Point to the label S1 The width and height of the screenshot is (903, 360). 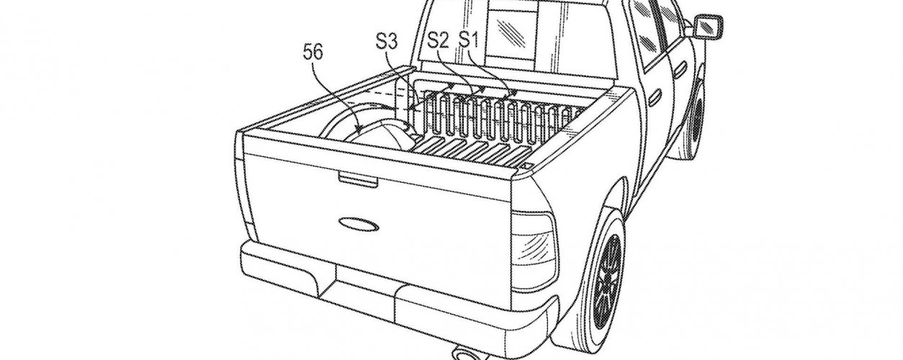(470, 39)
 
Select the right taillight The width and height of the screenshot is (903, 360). (534, 238)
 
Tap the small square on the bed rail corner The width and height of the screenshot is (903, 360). (529, 167)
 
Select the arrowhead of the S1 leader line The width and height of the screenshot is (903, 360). (513, 94)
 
